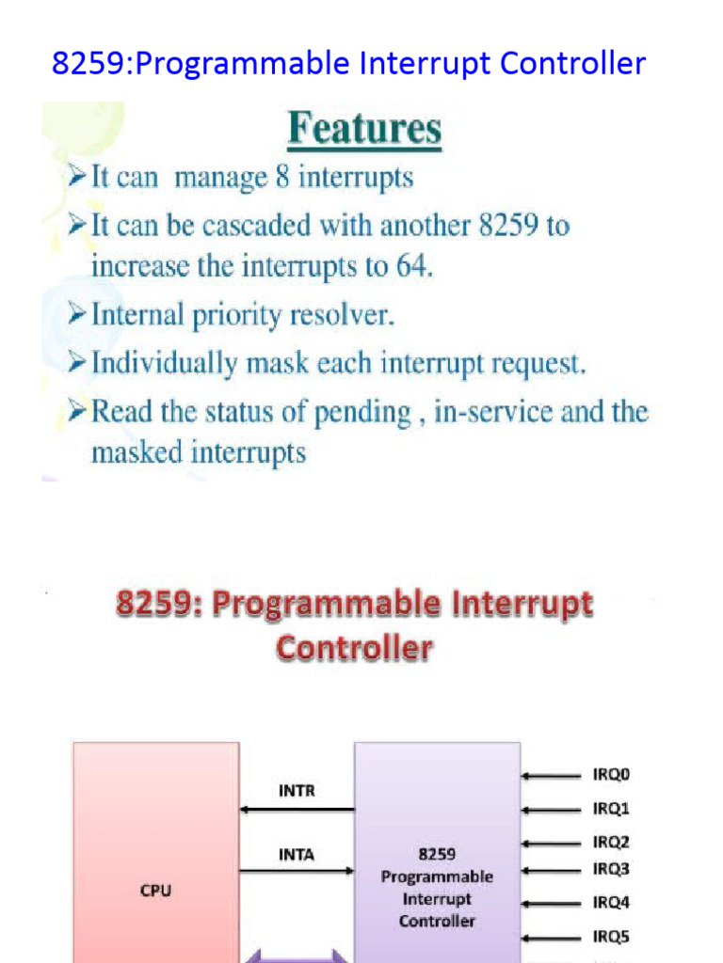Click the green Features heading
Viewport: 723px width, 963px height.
click(x=364, y=130)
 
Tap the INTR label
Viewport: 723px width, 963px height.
click(x=297, y=791)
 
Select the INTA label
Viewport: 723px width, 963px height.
click(x=297, y=855)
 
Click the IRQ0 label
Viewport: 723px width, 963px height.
click(x=611, y=776)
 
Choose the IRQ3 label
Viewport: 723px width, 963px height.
click(x=611, y=869)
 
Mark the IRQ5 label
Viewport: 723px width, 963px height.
click(x=611, y=937)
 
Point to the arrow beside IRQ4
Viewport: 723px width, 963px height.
click(x=552, y=903)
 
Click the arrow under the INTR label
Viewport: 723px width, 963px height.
click(x=297, y=809)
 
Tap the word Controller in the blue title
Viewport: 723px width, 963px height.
click(x=572, y=64)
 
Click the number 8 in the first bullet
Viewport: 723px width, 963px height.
click(x=281, y=177)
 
